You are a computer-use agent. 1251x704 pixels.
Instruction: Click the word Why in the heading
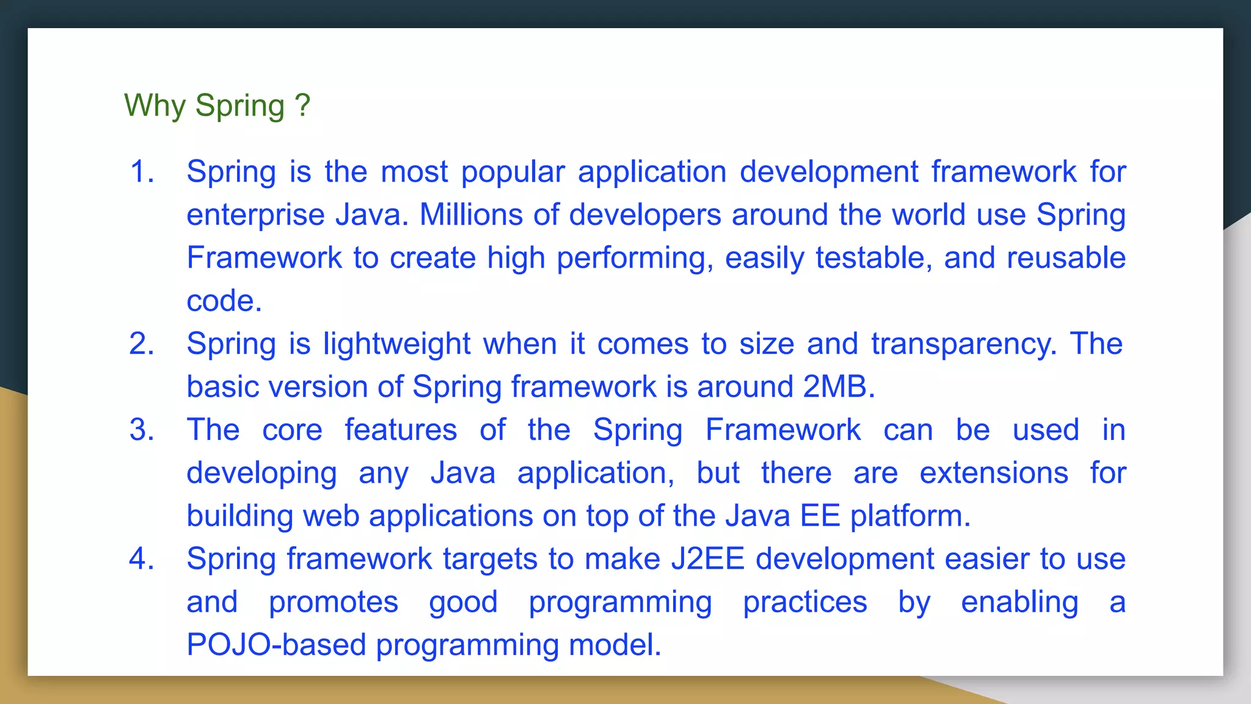155,106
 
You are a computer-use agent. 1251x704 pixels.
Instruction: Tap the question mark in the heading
302,105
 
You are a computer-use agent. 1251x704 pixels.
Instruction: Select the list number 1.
141,172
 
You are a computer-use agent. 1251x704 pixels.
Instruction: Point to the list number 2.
141,344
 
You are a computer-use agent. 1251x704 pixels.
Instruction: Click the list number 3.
141,430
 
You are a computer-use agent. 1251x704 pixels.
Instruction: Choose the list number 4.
141,559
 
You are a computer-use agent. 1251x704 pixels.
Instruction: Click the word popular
512,172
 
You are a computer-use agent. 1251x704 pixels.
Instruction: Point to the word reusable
1066,258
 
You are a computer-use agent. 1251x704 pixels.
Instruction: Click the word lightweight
396,344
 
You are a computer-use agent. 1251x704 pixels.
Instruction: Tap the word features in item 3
401,430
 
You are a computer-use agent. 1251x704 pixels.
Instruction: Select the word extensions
994,473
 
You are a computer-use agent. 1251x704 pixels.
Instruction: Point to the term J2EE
707,559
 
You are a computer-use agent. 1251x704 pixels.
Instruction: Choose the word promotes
334,603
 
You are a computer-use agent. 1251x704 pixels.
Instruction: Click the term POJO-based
276,645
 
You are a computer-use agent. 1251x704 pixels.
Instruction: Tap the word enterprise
255,216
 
